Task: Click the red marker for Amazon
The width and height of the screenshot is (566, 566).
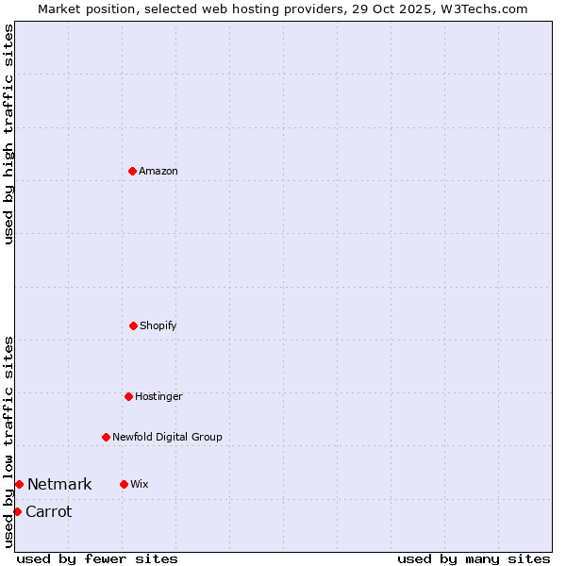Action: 132,171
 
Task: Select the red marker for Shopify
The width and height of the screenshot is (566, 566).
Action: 133,325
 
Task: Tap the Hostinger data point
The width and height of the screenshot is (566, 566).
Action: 128,396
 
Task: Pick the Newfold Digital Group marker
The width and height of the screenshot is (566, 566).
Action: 106,437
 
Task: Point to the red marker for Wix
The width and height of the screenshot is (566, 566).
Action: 124,484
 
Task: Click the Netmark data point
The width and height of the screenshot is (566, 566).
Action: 19,484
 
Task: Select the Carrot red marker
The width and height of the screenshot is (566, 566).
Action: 17,511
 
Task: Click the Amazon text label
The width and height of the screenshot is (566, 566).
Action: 158,171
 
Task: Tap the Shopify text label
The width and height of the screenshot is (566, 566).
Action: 158,325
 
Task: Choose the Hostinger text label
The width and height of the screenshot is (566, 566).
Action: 158,396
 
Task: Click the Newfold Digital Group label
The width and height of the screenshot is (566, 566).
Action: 167,437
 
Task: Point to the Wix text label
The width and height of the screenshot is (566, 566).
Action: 140,484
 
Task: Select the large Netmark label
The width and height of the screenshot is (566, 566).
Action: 59,484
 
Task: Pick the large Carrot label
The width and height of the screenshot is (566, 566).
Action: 48,511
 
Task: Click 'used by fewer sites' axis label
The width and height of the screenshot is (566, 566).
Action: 97,558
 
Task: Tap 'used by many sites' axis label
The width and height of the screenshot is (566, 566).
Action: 474,558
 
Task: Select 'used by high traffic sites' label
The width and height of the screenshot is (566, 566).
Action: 8,134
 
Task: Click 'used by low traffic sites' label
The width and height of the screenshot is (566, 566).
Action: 8,441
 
